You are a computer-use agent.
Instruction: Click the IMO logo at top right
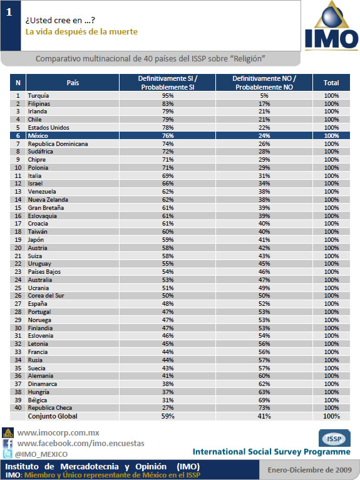click(332, 26)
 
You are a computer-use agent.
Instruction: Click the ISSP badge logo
click(334, 438)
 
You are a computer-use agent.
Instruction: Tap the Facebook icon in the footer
click(8, 444)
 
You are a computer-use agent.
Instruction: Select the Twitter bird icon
click(8, 454)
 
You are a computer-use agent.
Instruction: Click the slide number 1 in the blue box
click(9, 12)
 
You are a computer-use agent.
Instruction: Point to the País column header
click(73, 83)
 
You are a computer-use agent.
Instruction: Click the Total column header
click(331, 83)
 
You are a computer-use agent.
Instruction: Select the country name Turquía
click(38, 95)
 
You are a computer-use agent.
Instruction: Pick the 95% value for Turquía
click(168, 95)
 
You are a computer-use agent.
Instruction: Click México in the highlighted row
click(38, 135)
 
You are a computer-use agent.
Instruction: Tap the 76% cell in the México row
click(168, 135)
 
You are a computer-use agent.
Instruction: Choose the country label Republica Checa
click(50, 408)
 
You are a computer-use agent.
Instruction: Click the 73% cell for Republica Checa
click(264, 408)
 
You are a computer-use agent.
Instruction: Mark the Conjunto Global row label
click(53, 416)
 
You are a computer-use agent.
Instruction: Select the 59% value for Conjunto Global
click(168, 416)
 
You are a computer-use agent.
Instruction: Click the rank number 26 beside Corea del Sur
click(18, 295)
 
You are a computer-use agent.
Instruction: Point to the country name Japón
click(36, 240)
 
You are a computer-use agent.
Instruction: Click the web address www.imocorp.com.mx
click(58, 433)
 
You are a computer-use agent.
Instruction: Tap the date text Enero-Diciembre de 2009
click(309, 470)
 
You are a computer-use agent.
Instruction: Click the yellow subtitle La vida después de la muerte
click(81, 32)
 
